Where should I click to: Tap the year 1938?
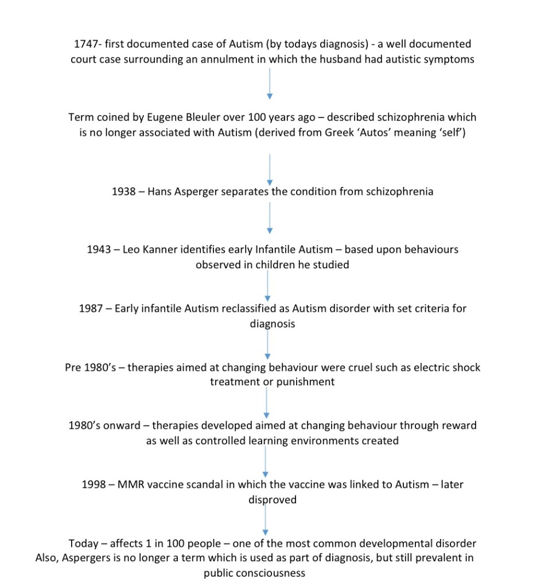point(123,191)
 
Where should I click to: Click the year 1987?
point(90,308)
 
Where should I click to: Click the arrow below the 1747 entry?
point(270,84)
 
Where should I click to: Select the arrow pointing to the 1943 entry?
point(270,218)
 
